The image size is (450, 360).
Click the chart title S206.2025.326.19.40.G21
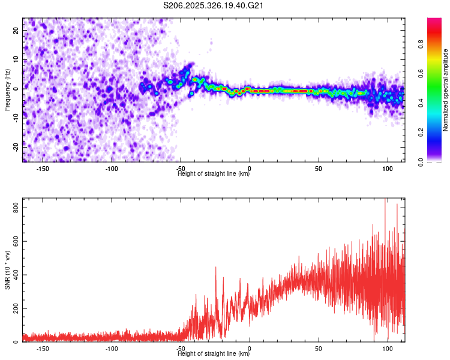(x=214, y=6)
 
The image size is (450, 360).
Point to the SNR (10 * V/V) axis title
(x=7, y=271)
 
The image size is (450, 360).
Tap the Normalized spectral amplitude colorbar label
(x=446, y=90)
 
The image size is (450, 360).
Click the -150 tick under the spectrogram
(x=43, y=169)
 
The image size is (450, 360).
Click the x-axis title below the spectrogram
(x=214, y=174)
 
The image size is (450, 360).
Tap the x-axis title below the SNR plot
(x=214, y=354)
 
